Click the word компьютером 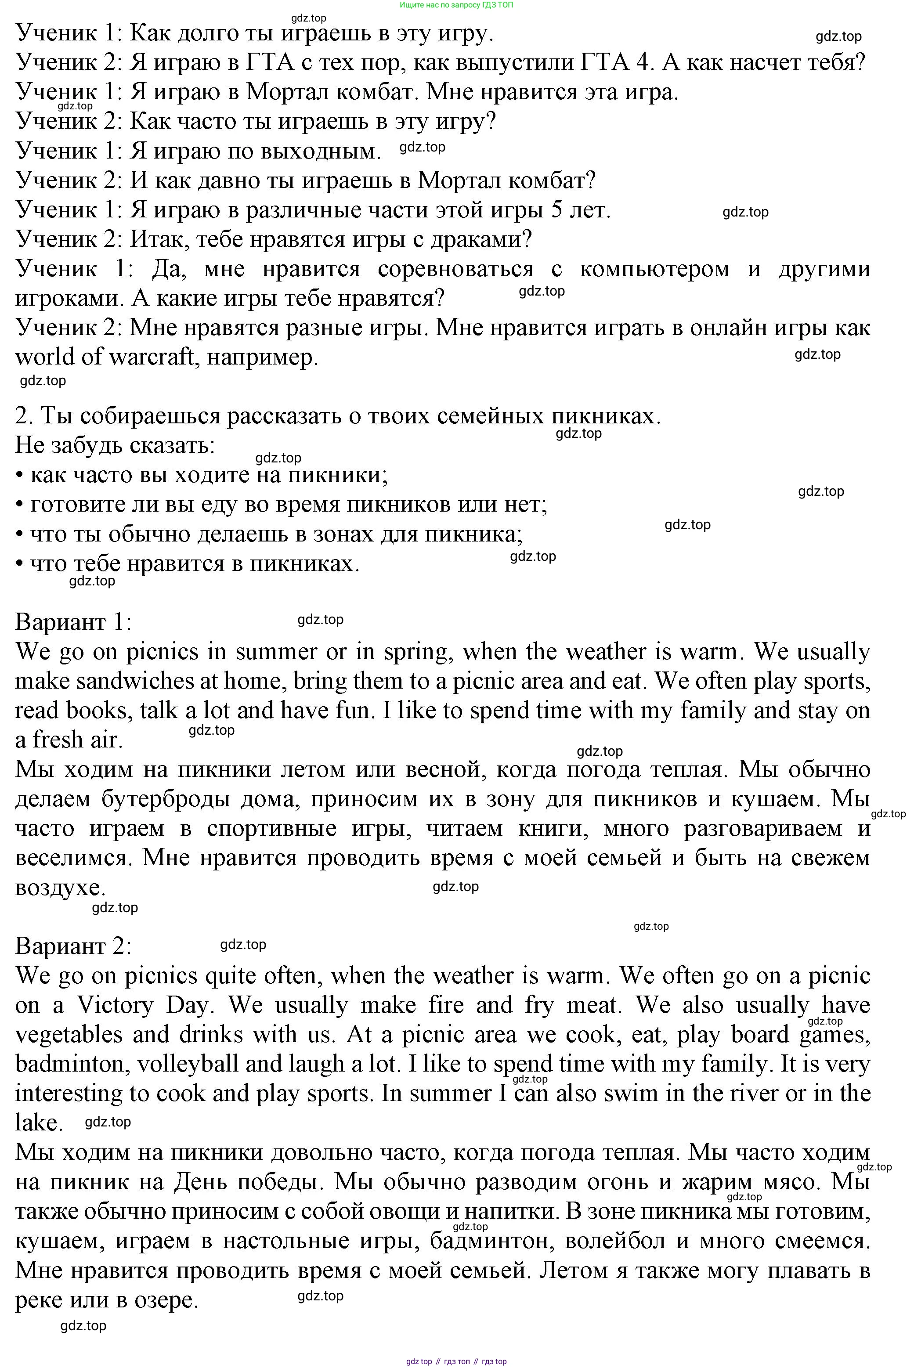point(654,269)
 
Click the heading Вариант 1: point(73,622)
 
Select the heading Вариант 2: point(73,946)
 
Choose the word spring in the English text point(417,652)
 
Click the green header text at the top point(456,5)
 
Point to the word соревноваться point(455,269)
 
